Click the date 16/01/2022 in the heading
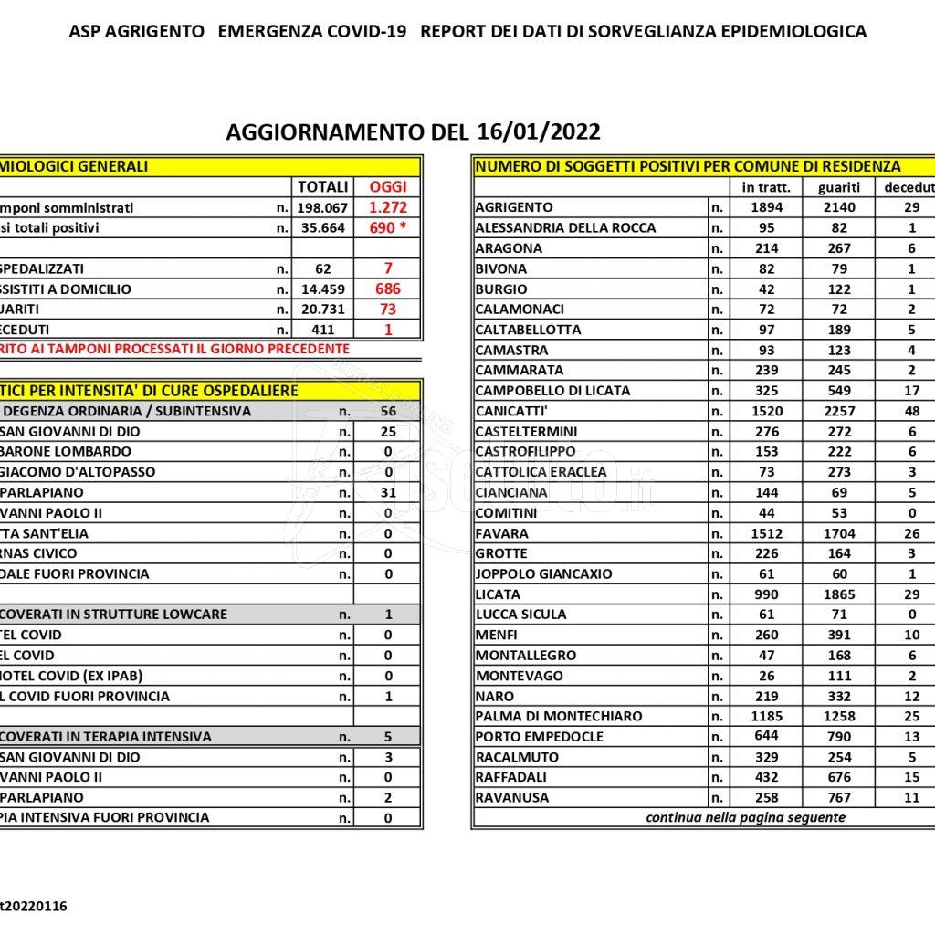[x=538, y=131]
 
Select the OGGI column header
[x=387, y=187]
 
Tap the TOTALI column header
[x=323, y=187]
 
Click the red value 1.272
[x=387, y=207]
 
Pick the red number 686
[x=387, y=289]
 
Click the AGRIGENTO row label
[x=514, y=207]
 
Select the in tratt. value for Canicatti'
[x=766, y=411]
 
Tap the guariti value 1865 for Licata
[x=839, y=594]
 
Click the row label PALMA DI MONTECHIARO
[x=559, y=716]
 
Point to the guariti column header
[x=839, y=187]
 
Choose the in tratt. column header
[x=766, y=187]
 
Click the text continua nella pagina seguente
[x=745, y=817]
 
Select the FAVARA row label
[x=500, y=532]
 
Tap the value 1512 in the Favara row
[x=766, y=532]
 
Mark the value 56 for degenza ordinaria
[x=388, y=411]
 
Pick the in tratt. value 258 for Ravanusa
[x=766, y=797]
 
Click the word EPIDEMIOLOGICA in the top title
[x=794, y=31]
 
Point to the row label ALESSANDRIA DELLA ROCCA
[x=565, y=227]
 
